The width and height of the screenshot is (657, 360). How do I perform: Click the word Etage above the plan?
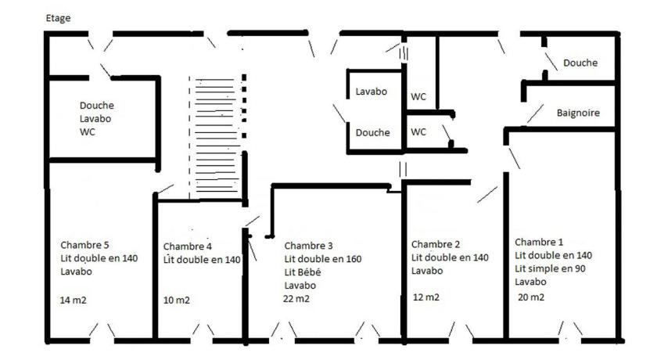[58, 19]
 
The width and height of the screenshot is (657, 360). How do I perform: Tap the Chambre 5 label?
[84, 245]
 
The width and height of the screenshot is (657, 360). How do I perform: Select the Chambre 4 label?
[187, 247]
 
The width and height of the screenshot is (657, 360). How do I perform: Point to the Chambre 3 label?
[308, 246]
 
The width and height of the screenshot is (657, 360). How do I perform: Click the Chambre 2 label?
[436, 244]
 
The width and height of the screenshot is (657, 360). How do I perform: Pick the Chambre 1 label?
[539, 242]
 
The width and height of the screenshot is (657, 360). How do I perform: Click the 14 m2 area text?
[74, 300]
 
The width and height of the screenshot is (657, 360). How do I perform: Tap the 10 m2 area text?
[177, 300]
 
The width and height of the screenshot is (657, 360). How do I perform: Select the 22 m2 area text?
[296, 299]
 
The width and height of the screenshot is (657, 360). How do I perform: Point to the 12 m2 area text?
[426, 297]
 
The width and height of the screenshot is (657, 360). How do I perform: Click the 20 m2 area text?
[531, 297]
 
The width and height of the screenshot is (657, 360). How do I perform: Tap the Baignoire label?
[578, 113]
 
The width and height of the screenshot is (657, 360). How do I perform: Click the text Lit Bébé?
[303, 272]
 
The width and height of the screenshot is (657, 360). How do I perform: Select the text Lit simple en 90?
[550, 268]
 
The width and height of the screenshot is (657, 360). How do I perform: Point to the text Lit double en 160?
[322, 259]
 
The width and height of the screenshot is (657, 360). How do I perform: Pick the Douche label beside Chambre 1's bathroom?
[580, 63]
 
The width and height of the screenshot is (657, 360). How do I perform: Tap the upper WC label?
[418, 97]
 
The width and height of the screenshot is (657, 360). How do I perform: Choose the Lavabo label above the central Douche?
[372, 92]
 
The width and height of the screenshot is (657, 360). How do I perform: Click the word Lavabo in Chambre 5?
[77, 271]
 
